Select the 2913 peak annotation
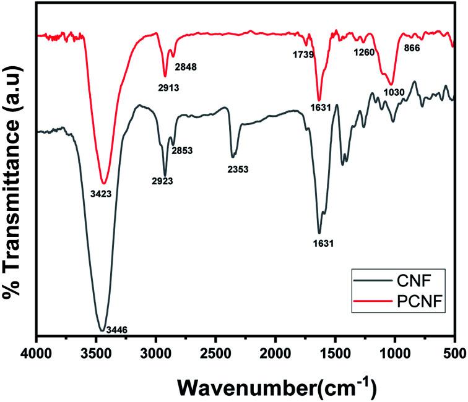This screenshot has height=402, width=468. click(x=168, y=88)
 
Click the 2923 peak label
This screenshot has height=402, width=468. click(x=163, y=181)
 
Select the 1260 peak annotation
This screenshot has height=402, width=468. click(x=364, y=52)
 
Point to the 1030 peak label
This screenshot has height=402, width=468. click(x=394, y=93)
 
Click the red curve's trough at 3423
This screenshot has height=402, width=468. click(x=104, y=183)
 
